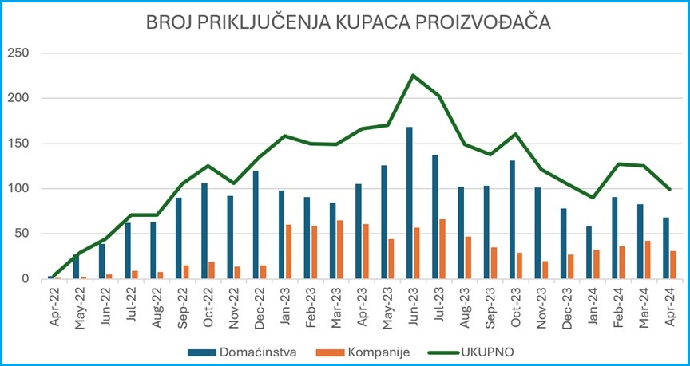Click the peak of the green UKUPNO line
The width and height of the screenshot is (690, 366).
pos(413,75)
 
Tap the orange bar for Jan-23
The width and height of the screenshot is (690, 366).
pos(288,252)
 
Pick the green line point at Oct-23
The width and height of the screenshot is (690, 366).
pos(515,134)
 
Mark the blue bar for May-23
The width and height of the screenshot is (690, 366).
pos(384,222)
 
